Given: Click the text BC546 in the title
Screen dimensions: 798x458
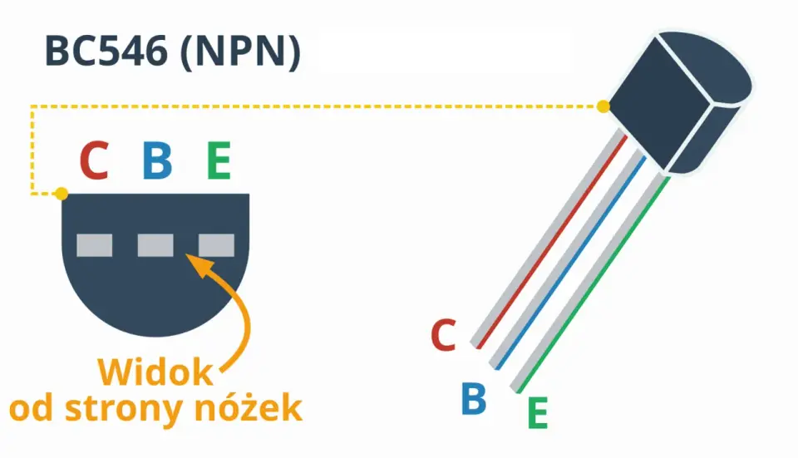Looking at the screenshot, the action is click(x=106, y=52).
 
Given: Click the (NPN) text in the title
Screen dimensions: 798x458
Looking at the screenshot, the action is click(x=241, y=52).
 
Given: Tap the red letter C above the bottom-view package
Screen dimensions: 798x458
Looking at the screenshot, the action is click(x=95, y=160).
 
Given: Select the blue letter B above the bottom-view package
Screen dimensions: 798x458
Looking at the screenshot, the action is click(x=157, y=160).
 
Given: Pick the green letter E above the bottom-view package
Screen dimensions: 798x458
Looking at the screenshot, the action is click(x=219, y=160).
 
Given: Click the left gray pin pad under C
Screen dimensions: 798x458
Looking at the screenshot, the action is click(x=95, y=245).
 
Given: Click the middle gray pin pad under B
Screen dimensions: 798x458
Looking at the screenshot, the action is click(x=155, y=245).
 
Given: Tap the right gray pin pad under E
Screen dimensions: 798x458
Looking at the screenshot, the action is click(x=216, y=245).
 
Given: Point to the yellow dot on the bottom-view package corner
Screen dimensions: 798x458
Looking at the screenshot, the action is click(x=62, y=194).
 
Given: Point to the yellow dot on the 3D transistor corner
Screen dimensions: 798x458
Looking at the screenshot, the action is click(x=603, y=106).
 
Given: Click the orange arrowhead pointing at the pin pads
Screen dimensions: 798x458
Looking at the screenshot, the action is click(x=199, y=264).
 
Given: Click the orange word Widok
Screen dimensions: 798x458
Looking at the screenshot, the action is click(x=155, y=372).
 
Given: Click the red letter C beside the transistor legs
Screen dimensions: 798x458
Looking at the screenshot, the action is click(x=443, y=335).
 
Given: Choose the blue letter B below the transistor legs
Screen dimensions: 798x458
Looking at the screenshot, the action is click(x=474, y=398).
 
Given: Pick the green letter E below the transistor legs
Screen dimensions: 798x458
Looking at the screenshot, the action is click(x=538, y=413).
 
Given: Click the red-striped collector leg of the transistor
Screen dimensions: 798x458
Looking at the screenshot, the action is click(x=549, y=239).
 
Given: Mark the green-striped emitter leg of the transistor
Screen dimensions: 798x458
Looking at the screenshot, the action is click(x=590, y=283).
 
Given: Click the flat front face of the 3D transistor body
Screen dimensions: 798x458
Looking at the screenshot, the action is click(x=658, y=105).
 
